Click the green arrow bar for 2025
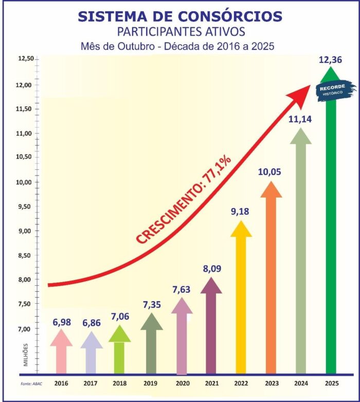click(x=331, y=232)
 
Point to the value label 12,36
click(x=330, y=61)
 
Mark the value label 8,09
click(x=211, y=268)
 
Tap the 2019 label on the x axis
click(x=151, y=383)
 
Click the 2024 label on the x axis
click(x=301, y=383)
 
